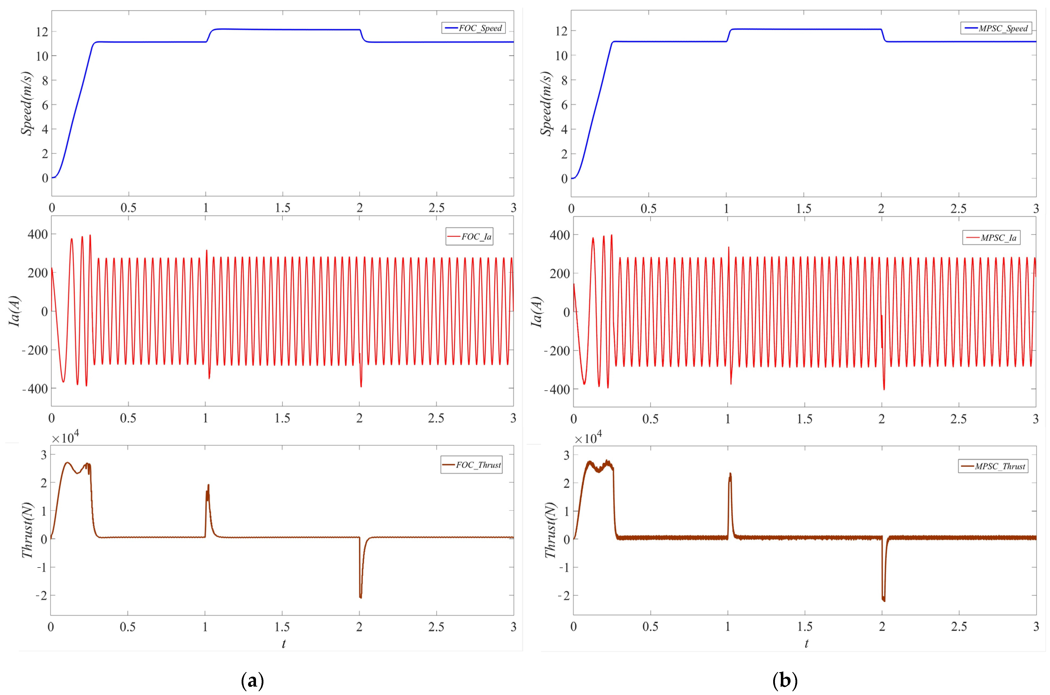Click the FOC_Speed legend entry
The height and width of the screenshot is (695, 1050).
pos(473,28)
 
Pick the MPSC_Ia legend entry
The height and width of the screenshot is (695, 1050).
pos(991,238)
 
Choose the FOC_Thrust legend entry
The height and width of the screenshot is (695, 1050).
pos(472,465)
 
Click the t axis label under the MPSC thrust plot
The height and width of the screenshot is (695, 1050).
pos(806,643)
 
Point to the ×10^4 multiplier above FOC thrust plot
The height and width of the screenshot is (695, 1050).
pos(65,438)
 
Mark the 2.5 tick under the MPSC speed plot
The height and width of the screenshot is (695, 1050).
pos(958,208)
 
